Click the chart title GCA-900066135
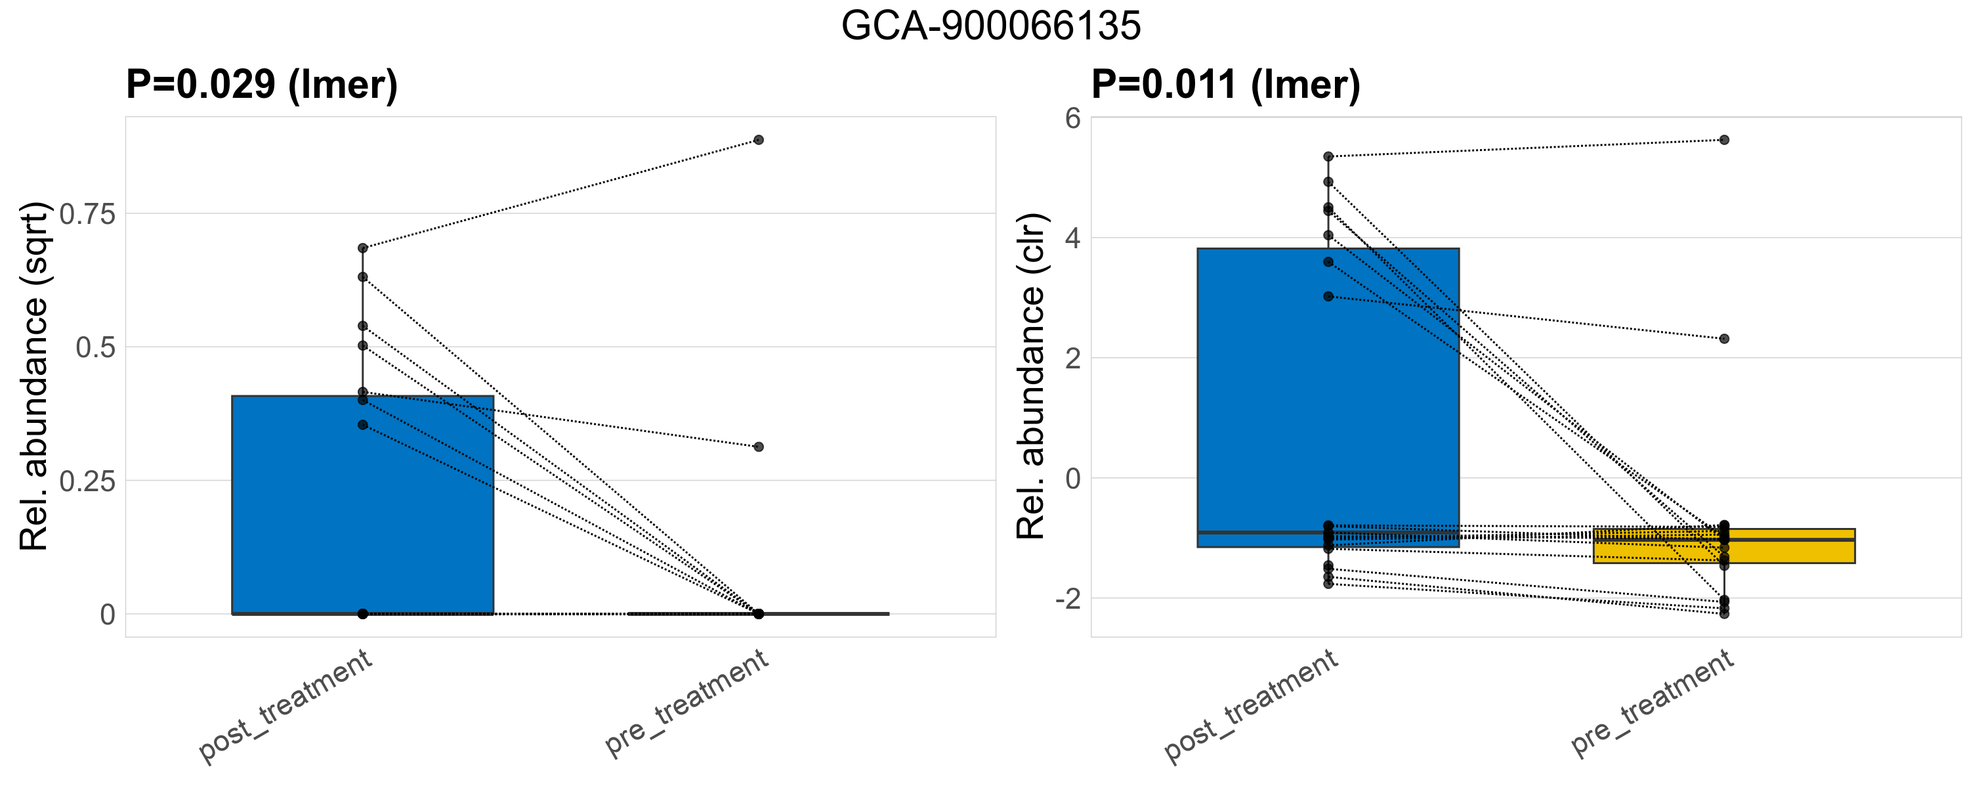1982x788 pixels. pos(991,26)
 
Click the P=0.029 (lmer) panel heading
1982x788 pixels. pos(262,84)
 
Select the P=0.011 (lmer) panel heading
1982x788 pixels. pos(1226,84)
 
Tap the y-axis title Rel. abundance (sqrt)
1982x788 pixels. pos(35,376)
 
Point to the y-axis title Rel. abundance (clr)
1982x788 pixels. pos(1031,376)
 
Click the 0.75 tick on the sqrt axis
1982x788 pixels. pos(87,215)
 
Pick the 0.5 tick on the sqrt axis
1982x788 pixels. pos(95,348)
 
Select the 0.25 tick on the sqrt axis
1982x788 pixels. pos(87,482)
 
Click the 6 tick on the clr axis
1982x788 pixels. pos(1072,118)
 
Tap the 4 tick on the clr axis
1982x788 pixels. pos(1072,238)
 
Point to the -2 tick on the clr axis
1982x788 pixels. pos(1067,599)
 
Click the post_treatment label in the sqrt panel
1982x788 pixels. pos(285,706)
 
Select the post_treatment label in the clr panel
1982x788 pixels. pos(1251,706)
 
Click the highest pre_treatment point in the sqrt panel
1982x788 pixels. pos(759,140)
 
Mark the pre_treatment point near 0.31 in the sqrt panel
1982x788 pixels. pos(759,447)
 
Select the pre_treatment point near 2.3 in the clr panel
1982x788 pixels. pos(1724,339)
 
